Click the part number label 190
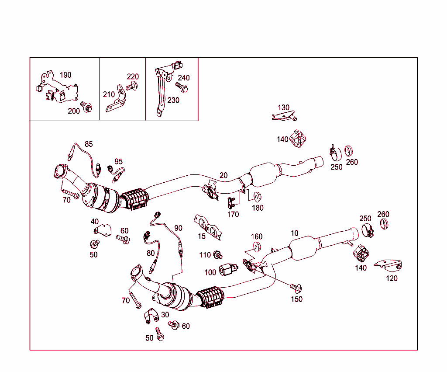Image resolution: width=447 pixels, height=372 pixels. [65, 75]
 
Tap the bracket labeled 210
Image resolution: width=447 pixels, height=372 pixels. [117, 99]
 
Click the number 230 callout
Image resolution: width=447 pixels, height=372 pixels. [173, 100]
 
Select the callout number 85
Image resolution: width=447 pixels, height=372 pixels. [89, 144]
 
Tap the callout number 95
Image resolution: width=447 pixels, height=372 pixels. [119, 161]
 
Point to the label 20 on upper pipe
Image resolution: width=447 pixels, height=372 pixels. [223, 175]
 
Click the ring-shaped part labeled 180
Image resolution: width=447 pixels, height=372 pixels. [257, 195]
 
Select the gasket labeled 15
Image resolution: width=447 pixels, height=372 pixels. [207, 226]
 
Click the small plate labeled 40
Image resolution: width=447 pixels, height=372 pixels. [102, 229]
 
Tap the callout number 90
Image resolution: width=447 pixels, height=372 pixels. [178, 228]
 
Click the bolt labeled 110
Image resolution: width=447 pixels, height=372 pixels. [218, 254]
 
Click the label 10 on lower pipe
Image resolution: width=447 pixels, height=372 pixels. [294, 233]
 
